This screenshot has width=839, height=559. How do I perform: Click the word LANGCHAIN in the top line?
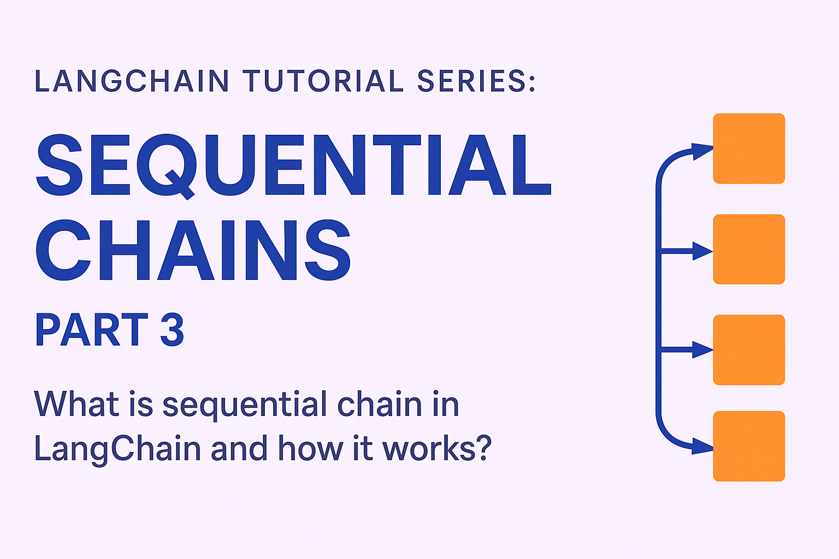point(132,81)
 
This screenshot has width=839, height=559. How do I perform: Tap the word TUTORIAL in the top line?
point(323,81)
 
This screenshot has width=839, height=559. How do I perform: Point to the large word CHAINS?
point(193,251)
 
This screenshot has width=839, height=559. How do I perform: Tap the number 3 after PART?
point(172,330)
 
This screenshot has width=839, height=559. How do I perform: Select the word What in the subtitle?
point(76,405)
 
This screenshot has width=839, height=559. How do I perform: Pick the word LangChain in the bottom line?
point(117,449)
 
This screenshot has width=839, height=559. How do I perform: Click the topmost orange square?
point(749,148)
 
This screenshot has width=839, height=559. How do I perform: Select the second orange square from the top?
point(749,249)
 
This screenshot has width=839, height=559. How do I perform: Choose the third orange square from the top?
point(749,350)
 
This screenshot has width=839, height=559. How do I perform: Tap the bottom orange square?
point(749,446)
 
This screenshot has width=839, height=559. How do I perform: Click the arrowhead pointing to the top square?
point(701,151)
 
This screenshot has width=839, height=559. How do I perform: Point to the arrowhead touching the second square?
point(702,251)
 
